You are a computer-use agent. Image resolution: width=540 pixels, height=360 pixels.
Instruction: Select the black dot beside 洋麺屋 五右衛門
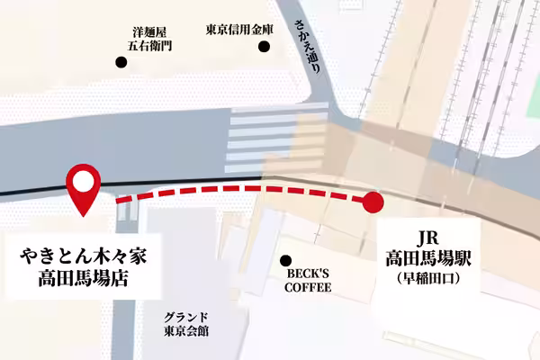pos(121,62)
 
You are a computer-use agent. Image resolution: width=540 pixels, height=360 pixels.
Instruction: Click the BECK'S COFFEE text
pos(308,280)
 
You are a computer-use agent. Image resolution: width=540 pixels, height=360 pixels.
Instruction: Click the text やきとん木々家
pos(83,256)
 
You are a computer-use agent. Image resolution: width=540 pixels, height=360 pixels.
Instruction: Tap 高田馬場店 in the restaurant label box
pos(83,279)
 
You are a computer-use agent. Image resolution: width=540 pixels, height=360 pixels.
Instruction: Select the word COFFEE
pos(308,288)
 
